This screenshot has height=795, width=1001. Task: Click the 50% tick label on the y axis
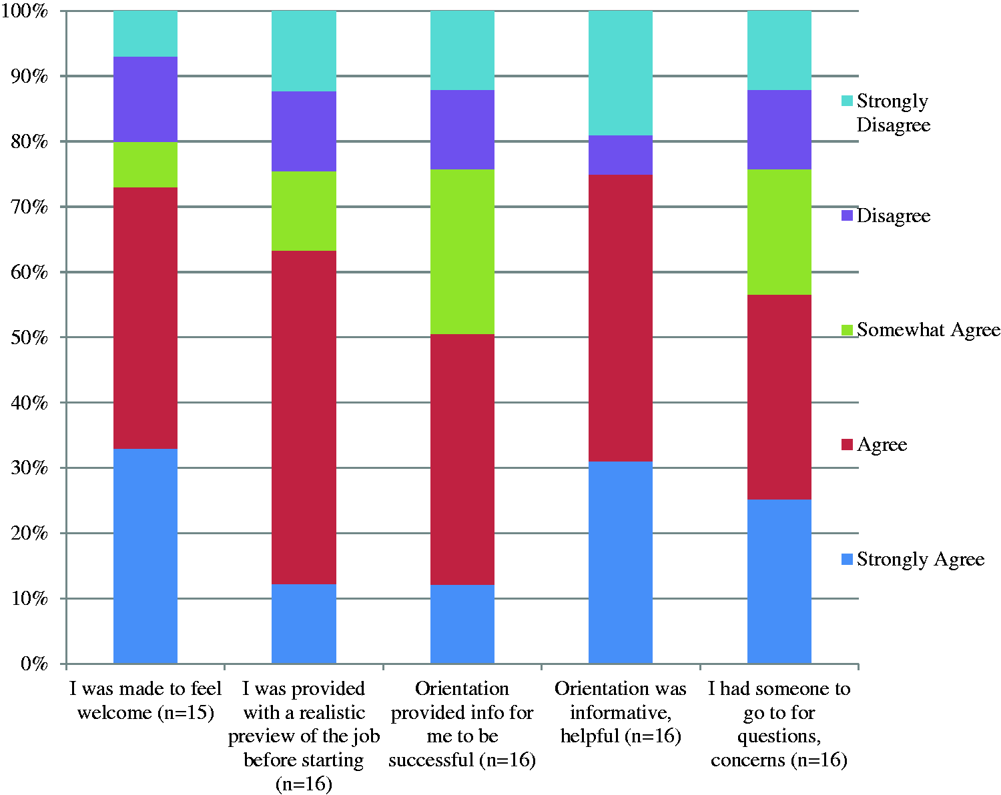tap(29, 337)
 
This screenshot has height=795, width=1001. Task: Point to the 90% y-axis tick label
tap(29, 76)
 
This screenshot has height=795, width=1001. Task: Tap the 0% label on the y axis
tap(34, 664)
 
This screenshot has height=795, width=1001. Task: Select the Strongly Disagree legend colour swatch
tap(847, 101)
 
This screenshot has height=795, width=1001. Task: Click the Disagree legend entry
tap(886, 215)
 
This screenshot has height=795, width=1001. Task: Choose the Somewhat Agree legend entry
tap(920, 329)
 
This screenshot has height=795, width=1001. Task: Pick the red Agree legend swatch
tap(847, 444)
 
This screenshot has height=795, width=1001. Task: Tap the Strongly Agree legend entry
tap(913, 560)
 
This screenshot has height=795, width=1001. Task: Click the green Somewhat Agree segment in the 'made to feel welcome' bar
tap(145, 165)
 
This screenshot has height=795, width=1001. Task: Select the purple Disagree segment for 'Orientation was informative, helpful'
tap(621, 155)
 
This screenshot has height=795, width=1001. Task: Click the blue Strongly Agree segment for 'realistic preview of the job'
tap(304, 624)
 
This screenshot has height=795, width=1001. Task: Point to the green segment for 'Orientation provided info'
tap(462, 251)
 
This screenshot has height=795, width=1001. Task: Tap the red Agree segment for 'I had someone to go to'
tap(779, 397)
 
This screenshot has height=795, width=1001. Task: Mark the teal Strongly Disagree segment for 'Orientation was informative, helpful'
tap(621, 73)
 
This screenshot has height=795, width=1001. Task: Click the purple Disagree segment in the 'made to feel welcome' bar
tap(145, 99)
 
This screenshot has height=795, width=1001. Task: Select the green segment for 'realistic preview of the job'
tap(304, 211)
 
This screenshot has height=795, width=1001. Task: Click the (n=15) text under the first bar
tap(186, 713)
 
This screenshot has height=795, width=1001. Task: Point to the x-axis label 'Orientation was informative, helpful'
tap(621, 713)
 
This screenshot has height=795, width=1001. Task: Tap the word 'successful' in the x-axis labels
tap(430, 760)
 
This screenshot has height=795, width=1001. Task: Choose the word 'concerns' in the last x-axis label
tap(749, 760)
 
